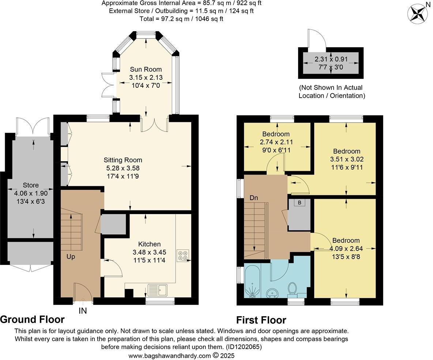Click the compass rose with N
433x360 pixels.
click(417, 14)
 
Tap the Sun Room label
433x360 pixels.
click(146, 70)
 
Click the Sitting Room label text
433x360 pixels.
click(123, 160)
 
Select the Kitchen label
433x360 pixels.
click(149, 244)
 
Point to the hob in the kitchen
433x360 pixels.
click(183, 256)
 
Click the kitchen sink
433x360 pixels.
click(157, 290)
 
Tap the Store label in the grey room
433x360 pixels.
click(31, 185)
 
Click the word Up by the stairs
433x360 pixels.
click(71, 257)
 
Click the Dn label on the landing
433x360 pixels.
click(254, 198)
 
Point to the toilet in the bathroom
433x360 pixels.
click(292, 288)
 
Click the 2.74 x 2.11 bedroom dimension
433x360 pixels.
click(276, 142)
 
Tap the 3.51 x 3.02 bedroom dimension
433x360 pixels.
click(346, 160)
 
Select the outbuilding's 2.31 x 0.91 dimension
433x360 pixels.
click(331, 59)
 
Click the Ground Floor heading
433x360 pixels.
click(32, 319)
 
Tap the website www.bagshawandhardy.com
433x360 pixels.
click(169, 356)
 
